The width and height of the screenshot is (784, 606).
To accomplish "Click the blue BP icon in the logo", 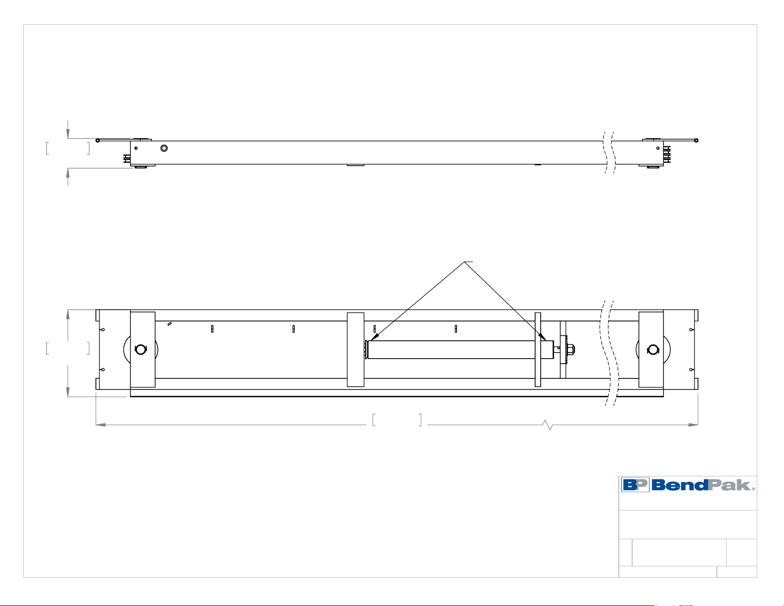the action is [x=635, y=485].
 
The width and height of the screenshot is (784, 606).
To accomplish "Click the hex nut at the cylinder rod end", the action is [x=571, y=349].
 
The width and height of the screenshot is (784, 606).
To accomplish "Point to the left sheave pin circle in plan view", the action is [x=140, y=350].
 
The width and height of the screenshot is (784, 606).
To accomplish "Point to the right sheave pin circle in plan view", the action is [x=653, y=350].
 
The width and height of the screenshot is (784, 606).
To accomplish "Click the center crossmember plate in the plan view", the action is [x=355, y=350].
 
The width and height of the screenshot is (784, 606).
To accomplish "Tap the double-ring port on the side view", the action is [x=164, y=148].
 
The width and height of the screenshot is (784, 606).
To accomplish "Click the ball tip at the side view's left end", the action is [x=98, y=140].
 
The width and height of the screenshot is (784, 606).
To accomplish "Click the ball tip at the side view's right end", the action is [x=696, y=140].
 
